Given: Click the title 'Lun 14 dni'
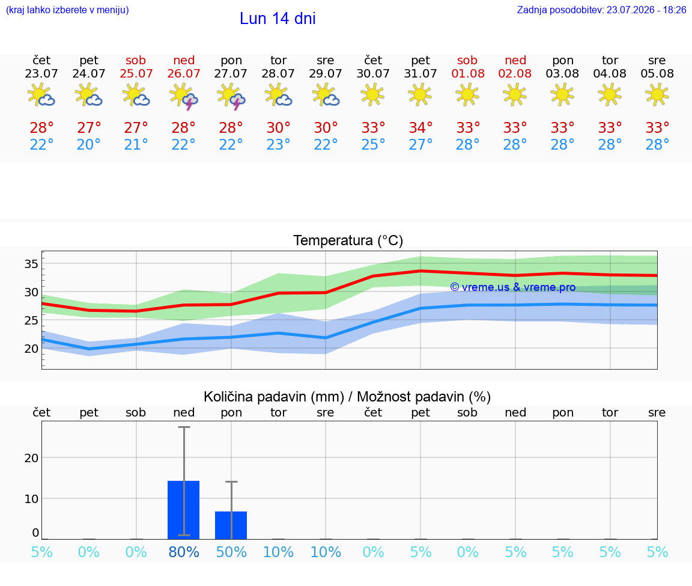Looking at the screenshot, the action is (x=278, y=19).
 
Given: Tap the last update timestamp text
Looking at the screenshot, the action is (x=601, y=10).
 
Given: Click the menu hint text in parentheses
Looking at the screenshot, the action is (x=67, y=10).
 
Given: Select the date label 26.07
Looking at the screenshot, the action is (x=184, y=73).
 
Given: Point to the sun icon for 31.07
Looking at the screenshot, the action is (x=420, y=95).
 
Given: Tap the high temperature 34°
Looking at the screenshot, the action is (x=420, y=127).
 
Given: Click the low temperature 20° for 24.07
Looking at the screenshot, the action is (x=89, y=144).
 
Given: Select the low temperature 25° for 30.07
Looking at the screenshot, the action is (x=373, y=144).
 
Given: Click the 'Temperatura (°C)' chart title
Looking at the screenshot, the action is (x=348, y=240).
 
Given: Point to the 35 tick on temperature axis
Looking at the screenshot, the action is (x=31, y=264).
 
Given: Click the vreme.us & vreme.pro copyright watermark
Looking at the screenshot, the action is (x=513, y=287).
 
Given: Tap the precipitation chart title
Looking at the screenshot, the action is (x=347, y=397).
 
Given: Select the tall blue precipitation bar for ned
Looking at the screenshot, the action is (x=184, y=510).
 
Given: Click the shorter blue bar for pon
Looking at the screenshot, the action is (x=231, y=525).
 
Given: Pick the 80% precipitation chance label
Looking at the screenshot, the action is (x=184, y=552).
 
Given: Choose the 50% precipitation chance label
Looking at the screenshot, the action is (x=231, y=552).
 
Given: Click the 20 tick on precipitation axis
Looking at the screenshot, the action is (x=31, y=458).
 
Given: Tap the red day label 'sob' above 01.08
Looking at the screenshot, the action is (x=467, y=60).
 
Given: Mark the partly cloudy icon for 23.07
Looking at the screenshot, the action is (x=41, y=96).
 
